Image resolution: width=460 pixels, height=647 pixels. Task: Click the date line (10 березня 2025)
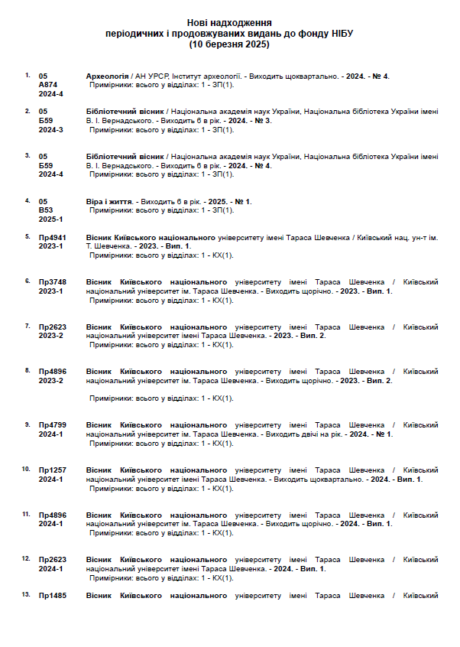229,44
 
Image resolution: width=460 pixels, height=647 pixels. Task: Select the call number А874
48,85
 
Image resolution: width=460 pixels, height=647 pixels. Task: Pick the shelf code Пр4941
53,237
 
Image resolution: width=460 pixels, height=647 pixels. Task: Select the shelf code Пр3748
53,282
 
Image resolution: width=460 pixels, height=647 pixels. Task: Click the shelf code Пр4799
53,424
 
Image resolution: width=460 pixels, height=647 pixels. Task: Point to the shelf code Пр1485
53,596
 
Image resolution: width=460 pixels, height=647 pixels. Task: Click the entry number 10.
26,468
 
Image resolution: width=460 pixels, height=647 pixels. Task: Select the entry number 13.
26,594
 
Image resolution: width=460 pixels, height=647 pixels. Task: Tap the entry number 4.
28,200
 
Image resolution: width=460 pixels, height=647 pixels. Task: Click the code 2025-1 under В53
51,219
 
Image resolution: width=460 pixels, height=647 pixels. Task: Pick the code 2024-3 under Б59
51,129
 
